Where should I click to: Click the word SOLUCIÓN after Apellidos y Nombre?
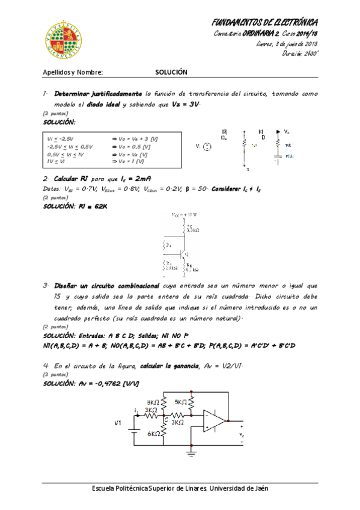pos(171,72)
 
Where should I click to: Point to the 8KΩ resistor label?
pos(153,402)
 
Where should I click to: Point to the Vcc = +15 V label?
pos(184,214)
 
